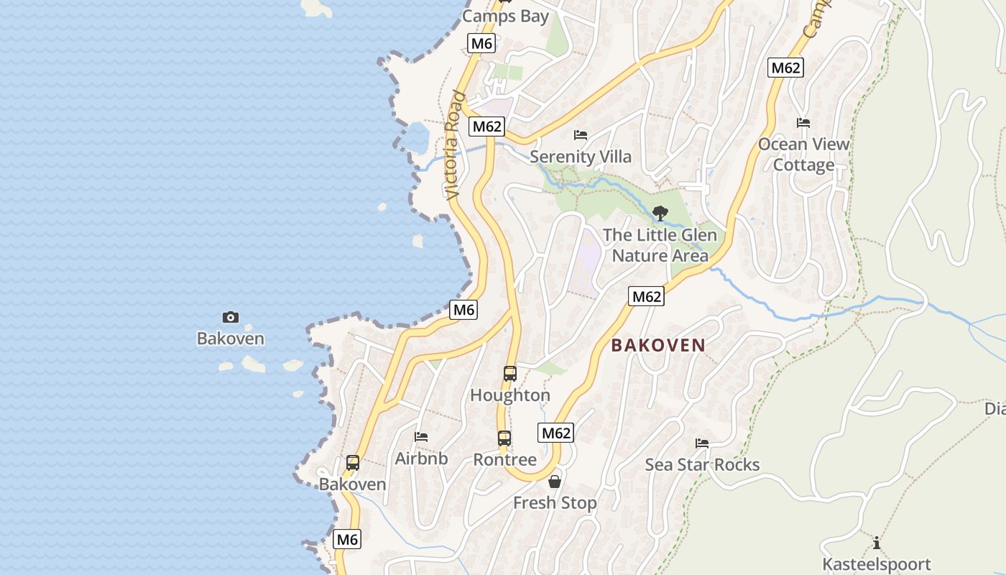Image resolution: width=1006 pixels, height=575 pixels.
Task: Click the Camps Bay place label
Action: pos(505,17)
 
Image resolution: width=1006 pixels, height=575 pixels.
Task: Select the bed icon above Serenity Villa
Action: pos(581,135)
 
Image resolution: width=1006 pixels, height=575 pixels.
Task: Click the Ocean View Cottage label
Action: pos(803,155)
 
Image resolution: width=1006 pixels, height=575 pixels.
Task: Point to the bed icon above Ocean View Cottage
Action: pos(803,123)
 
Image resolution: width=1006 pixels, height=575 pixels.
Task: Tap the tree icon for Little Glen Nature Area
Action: pos(660,213)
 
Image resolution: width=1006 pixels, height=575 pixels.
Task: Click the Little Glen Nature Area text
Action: pos(660,245)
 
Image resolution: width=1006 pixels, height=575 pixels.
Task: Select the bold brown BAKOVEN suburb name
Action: pos(658,345)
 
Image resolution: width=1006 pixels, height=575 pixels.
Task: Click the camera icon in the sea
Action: pos(231,317)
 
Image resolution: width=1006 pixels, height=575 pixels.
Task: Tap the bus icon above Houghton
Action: pos(510,374)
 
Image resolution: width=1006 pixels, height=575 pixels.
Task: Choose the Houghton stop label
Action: pos(510,395)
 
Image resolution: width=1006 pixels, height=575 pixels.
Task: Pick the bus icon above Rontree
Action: pos(504,438)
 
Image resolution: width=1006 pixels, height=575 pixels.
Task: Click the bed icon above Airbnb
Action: pos(421,437)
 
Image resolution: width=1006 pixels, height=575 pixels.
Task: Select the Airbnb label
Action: pos(421,459)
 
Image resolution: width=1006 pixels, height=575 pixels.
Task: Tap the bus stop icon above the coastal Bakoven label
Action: pos(352,463)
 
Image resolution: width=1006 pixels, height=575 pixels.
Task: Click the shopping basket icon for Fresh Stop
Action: pos(555,482)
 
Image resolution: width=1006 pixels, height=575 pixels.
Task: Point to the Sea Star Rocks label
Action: pos(702,464)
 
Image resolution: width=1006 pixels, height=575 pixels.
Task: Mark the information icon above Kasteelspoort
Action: pos(876,543)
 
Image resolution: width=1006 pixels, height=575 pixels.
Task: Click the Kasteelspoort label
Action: pos(876,564)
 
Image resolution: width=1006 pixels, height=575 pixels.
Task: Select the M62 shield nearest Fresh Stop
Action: pos(555,433)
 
